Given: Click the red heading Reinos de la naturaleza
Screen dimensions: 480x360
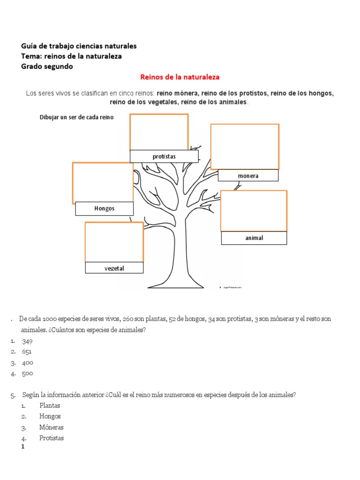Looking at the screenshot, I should pyautogui.click(x=180, y=77).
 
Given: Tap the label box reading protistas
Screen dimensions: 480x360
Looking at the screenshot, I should pyautogui.click(x=164, y=156).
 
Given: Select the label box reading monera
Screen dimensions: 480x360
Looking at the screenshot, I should pyautogui.click(x=248, y=176).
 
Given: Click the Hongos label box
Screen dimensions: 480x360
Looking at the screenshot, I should pyautogui.click(x=104, y=209).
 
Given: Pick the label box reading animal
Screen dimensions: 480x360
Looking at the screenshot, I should pyautogui.click(x=254, y=238).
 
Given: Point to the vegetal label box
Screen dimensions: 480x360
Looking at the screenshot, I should pyautogui.click(x=114, y=268).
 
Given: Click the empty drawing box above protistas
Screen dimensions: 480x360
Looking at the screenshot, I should pyautogui.click(x=159, y=132).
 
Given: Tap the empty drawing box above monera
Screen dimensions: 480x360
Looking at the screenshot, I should pyautogui.click(x=245, y=146).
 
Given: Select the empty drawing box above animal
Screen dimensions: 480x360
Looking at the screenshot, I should pyautogui.click(x=254, y=210).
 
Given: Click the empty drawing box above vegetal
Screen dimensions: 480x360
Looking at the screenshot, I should pyautogui.click(x=114, y=242).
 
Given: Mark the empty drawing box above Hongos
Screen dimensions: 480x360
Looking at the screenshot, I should pyautogui.click(x=102, y=182).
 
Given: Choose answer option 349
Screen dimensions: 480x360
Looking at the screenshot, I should pyautogui.click(x=27, y=341).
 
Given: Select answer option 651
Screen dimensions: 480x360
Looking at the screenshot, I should pyautogui.click(x=27, y=352).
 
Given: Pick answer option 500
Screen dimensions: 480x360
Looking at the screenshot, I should pyautogui.click(x=27, y=374).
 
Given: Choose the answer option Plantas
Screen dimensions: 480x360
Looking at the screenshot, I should pyautogui.click(x=50, y=405).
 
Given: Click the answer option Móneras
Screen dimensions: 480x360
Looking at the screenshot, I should pyautogui.click(x=52, y=427).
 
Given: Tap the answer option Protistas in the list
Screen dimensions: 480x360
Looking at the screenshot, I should pyautogui.click(x=52, y=438).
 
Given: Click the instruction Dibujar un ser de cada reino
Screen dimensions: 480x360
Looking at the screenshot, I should pyautogui.click(x=76, y=117).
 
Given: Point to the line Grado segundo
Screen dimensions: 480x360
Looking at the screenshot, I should pyautogui.click(x=47, y=67).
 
